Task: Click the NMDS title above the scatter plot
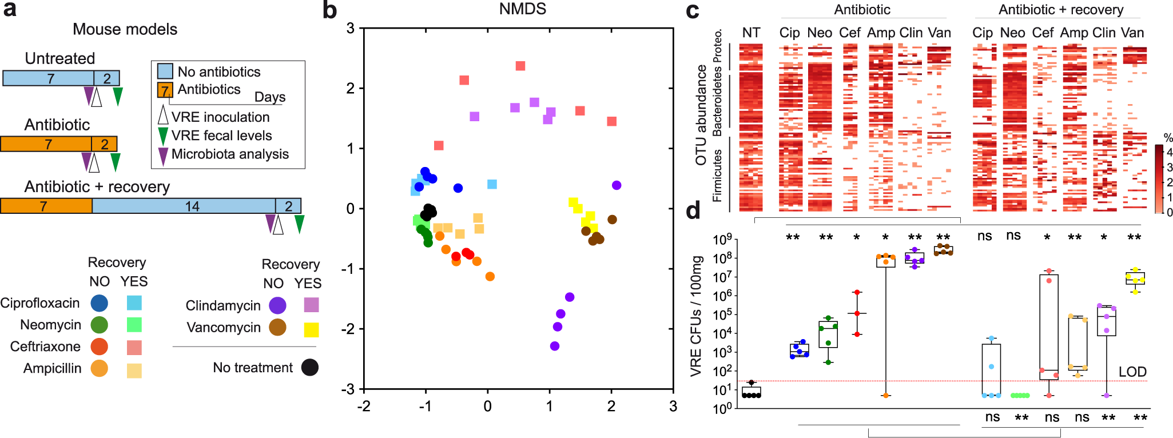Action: pyautogui.click(x=522, y=9)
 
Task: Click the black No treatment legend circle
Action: pyautogui.click(x=310, y=367)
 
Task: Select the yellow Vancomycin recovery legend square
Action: pyautogui.click(x=311, y=330)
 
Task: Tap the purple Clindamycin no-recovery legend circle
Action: pyautogui.click(x=278, y=305)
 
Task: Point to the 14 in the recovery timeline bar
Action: pyautogui.click(x=192, y=206)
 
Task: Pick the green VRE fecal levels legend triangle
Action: pyautogui.click(x=163, y=136)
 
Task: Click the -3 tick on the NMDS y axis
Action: pyautogui.click(x=347, y=389)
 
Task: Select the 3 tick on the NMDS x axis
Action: pyautogui.click(x=673, y=407)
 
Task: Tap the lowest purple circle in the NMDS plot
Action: pyautogui.click(x=554, y=346)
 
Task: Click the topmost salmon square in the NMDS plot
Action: pyautogui.click(x=520, y=66)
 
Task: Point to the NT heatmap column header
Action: pyautogui.click(x=751, y=33)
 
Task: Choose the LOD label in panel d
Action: pyautogui.click(x=1132, y=372)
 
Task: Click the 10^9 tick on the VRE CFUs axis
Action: pyautogui.click(x=722, y=239)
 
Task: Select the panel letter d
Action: pyautogui.click(x=693, y=211)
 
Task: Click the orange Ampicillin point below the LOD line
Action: pyautogui.click(x=885, y=396)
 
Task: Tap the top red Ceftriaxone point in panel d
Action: pyautogui.click(x=857, y=293)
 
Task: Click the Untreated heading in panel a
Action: pyautogui.click(x=60, y=58)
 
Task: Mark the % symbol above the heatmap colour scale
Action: pyautogui.click(x=1168, y=138)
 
